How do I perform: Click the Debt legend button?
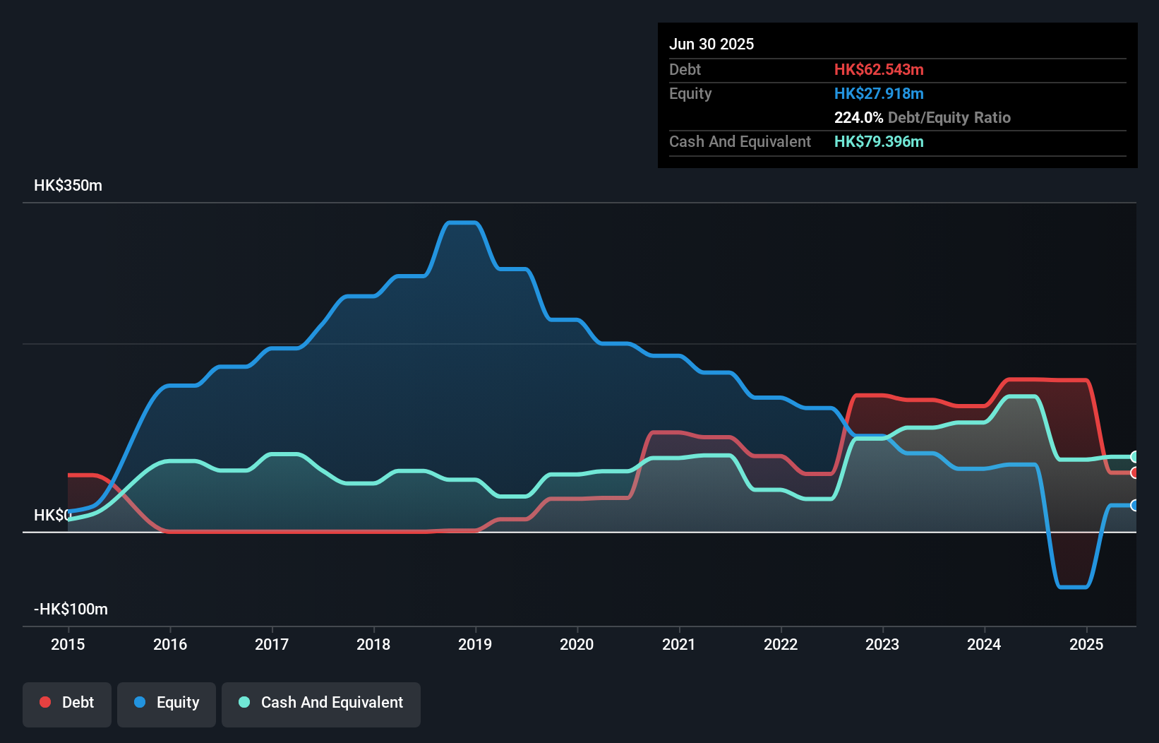tap(67, 703)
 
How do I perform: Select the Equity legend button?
tap(167, 703)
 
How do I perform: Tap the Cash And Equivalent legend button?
tap(321, 703)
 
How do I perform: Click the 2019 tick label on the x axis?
tap(475, 644)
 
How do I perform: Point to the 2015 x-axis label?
tap(68, 644)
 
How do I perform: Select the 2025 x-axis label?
tap(1086, 644)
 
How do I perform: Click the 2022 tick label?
tap(781, 644)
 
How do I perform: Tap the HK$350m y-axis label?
tap(68, 186)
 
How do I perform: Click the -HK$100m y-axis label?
tap(71, 610)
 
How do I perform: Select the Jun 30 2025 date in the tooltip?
tap(711, 44)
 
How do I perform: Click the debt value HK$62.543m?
tap(879, 69)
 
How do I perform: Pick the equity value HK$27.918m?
tap(879, 93)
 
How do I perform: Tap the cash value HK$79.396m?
tap(879, 141)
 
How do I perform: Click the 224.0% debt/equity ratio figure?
tap(858, 117)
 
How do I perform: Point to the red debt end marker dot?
tap(1134, 472)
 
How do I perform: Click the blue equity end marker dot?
tap(1134, 505)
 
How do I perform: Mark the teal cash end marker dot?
tap(1134, 457)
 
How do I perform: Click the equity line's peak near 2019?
tap(462, 223)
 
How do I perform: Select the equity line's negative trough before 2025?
tap(1073, 586)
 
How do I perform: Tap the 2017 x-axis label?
tap(272, 644)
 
